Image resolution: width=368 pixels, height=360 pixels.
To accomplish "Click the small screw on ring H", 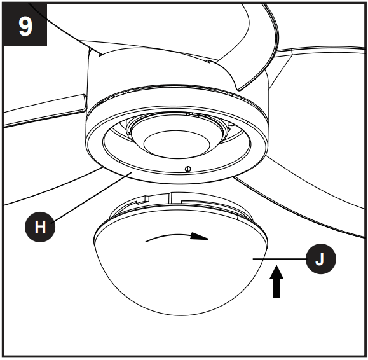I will click(187, 169).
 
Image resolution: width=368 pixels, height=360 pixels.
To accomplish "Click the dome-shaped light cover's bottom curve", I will click(184, 308).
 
